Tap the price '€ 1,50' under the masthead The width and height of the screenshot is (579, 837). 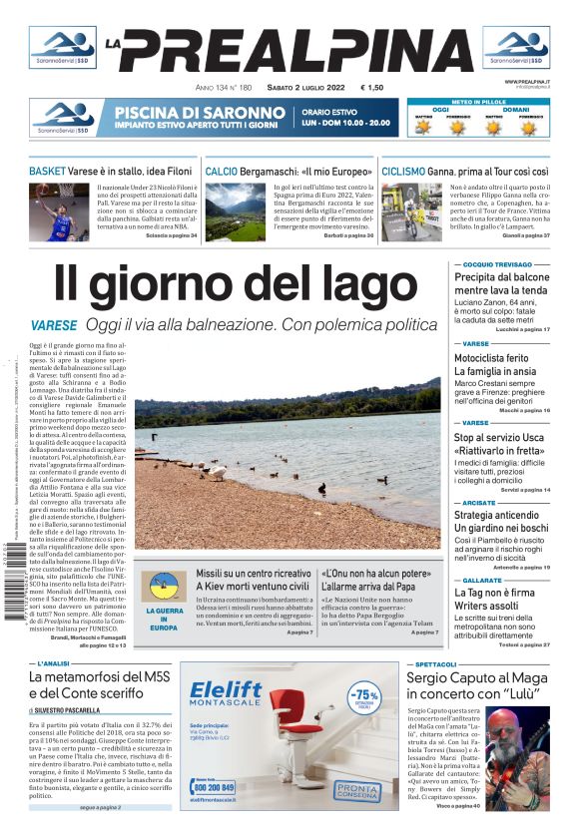(x=371, y=87)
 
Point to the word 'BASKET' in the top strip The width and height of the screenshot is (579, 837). (x=47, y=171)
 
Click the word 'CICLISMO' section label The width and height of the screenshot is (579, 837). (x=403, y=171)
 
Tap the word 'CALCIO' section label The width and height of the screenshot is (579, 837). (x=222, y=171)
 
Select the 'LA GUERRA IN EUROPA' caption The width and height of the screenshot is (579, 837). (x=163, y=618)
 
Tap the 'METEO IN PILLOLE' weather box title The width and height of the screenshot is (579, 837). (x=477, y=101)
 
